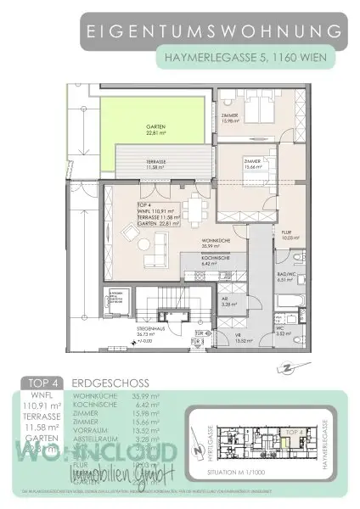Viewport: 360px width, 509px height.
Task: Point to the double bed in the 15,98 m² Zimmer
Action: tap(269, 111)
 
